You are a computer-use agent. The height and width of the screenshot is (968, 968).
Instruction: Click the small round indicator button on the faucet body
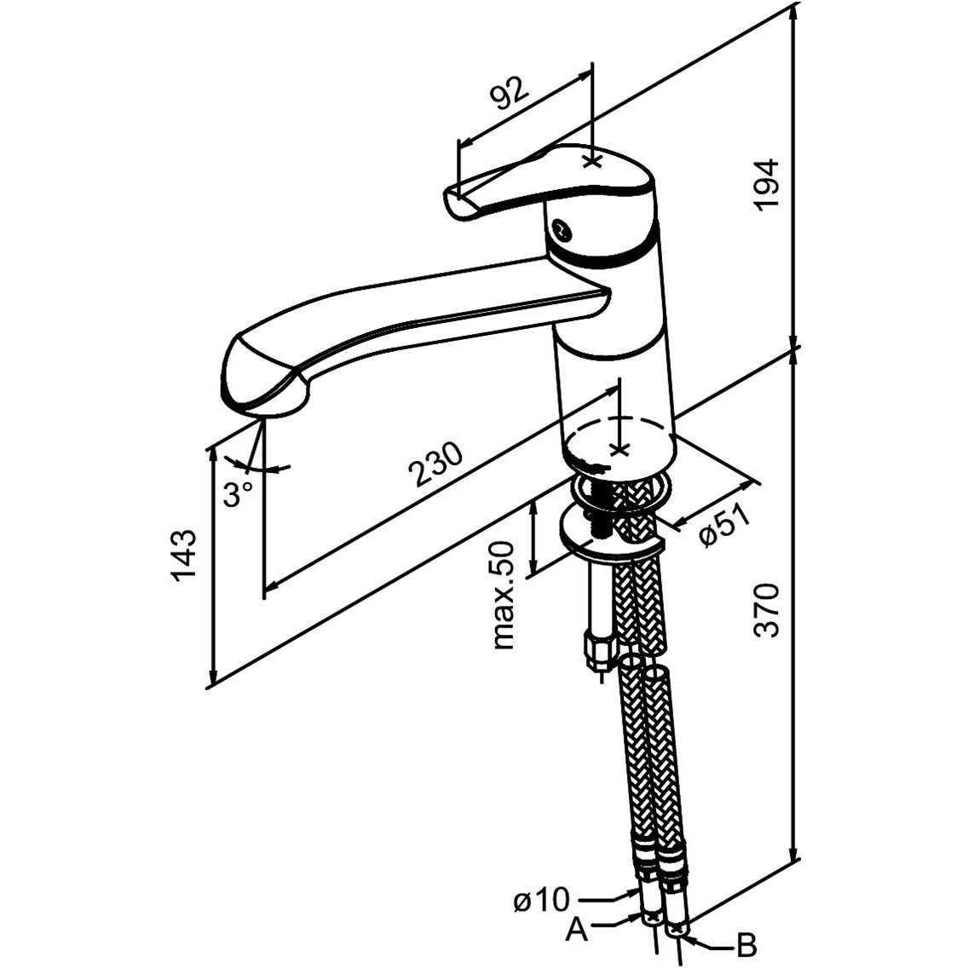[559, 229]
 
